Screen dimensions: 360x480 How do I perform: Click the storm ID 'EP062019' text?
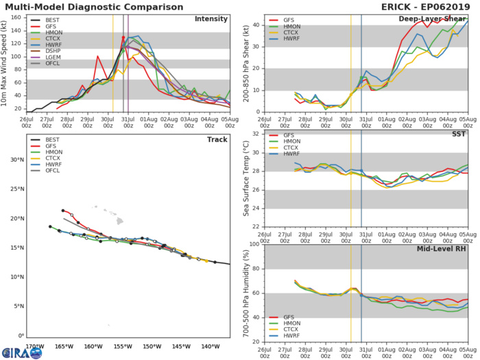pyautogui.click(x=448, y=6)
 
